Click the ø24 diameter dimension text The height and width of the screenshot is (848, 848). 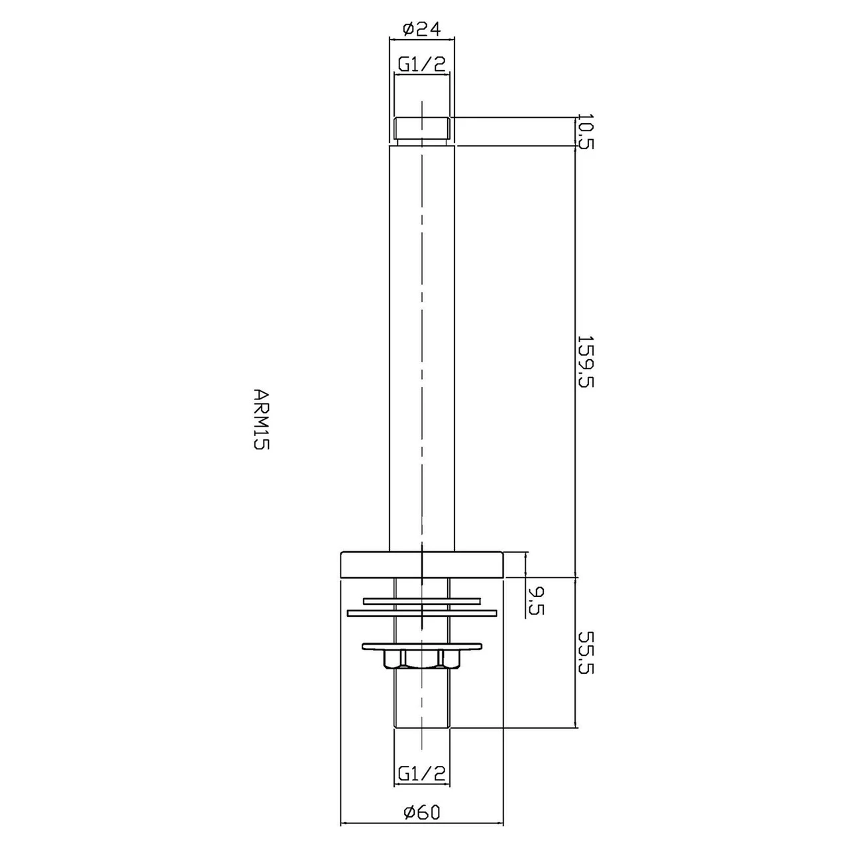tap(421, 28)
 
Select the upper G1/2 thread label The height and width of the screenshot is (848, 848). tap(421, 64)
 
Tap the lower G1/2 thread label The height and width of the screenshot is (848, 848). tap(421, 772)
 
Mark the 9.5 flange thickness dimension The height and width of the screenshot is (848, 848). tap(536, 600)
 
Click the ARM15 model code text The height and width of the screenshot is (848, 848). tap(260, 419)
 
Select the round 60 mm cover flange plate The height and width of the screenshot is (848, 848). tap(421, 564)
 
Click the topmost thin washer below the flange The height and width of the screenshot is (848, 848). tap(421, 602)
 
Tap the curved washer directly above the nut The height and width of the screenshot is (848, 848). tap(421, 645)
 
